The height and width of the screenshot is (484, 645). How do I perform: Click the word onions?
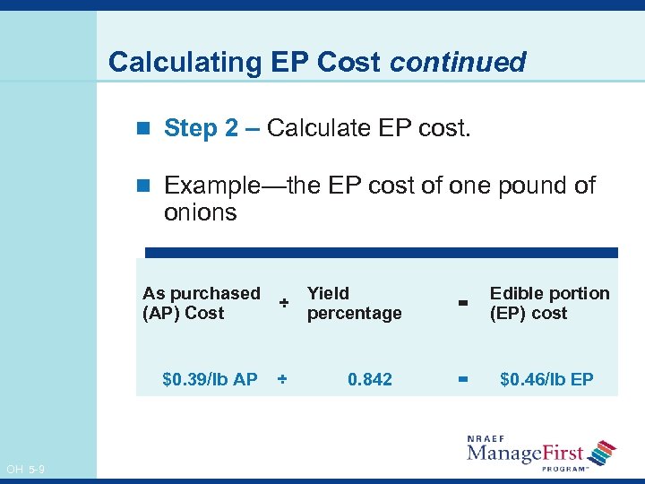click(200, 212)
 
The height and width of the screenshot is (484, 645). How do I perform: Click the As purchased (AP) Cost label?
click(202, 303)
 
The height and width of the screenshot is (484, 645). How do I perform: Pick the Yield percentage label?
click(354, 303)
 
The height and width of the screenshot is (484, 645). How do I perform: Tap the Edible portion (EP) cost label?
click(548, 303)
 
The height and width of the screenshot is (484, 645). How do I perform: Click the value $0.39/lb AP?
click(210, 379)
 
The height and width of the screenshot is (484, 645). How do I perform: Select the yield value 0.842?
click(370, 379)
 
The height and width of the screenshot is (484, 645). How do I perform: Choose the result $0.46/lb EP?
click(546, 379)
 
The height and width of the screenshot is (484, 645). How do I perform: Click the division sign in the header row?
click(283, 303)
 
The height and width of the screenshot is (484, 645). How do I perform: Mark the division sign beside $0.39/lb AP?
click(282, 379)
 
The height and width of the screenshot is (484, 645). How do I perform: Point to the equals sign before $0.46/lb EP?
click(463, 379)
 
